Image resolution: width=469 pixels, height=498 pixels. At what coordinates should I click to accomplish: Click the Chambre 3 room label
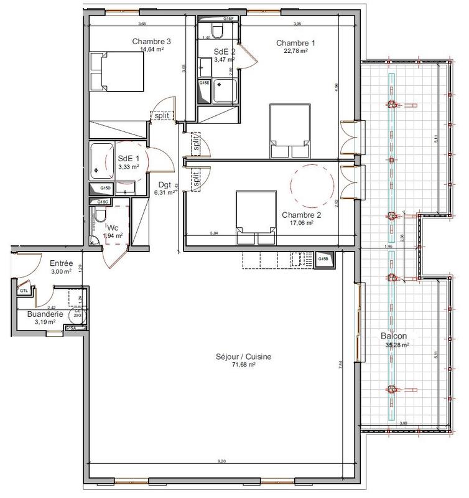[151, 42]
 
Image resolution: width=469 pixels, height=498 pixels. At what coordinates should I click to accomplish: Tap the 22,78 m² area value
[295, 51]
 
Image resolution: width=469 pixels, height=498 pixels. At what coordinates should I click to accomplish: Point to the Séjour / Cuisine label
[236, 357]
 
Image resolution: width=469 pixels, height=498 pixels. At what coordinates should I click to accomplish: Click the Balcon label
[394, 336]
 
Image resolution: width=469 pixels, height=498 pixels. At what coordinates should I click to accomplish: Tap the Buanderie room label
[44, 315]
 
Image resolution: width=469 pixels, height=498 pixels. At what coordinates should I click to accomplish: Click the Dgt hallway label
[164, 184]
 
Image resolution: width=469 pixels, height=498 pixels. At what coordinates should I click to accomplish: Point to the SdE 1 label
[129, 159]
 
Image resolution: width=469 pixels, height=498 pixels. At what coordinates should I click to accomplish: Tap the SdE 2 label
[225, 52]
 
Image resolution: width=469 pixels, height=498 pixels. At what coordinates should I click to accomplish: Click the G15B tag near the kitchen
[323, 259]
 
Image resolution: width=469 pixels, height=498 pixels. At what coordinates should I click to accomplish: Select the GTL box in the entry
[24, 291]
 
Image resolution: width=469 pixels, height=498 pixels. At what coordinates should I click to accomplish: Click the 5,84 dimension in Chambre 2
[215, 233]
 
